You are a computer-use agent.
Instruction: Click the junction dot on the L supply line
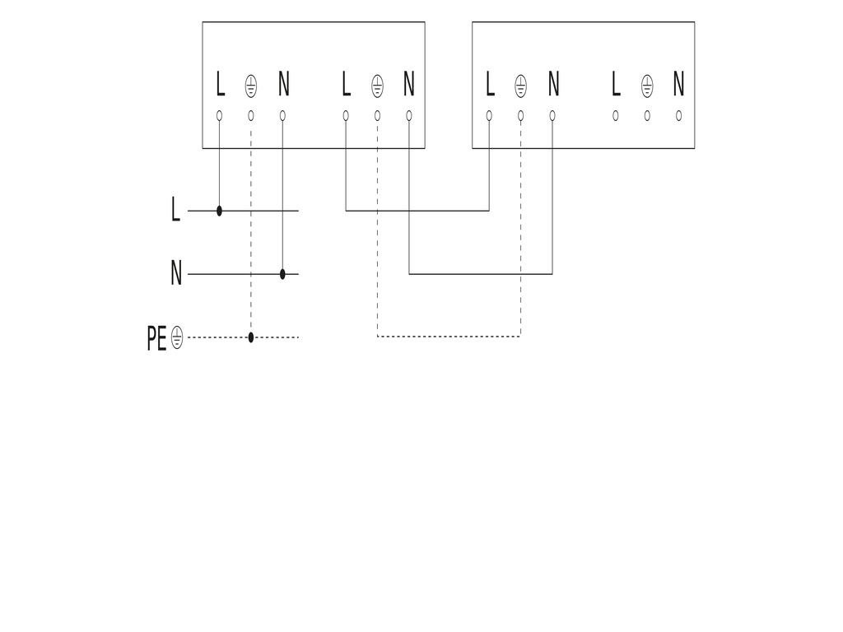coord(219,211)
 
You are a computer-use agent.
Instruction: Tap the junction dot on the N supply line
coord(283,274)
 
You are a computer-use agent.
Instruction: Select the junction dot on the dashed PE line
coord(251,337)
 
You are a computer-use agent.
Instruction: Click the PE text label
coord(156,338)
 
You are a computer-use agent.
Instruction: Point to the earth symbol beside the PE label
coord(177,338)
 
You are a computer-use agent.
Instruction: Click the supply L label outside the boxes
coord(175,209)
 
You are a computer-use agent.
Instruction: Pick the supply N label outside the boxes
coord(176,272)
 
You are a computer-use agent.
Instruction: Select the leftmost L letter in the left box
coord(220,84)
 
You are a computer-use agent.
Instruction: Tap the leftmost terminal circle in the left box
coord(219,115)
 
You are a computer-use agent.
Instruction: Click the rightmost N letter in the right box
coord(679,84)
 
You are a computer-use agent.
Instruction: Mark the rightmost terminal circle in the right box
coord(679,115)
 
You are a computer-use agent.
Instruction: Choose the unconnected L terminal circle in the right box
coord(616,115)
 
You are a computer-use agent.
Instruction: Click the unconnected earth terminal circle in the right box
coord(647,115)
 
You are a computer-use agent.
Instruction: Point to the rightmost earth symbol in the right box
coord(647,86)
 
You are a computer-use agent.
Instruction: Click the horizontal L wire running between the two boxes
coord(417,211)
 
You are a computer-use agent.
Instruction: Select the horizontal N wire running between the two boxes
coord(481,274)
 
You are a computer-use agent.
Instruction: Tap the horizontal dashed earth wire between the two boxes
coord(449,337)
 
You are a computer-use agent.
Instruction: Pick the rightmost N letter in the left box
coord(409,84)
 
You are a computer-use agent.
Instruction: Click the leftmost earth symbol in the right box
coord(521,86)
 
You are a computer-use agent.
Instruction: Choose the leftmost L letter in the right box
coord(490,84)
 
